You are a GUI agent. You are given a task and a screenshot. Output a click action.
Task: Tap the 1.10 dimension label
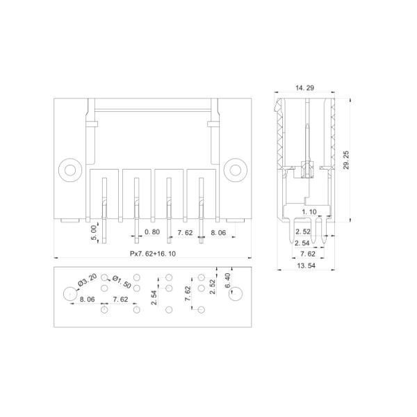tap(309, 211)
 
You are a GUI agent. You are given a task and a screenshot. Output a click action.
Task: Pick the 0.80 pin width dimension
tap(152, 232)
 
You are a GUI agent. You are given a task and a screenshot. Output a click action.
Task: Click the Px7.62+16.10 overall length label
tap(153, 254)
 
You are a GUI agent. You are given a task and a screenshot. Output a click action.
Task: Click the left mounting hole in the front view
tap(69, 169)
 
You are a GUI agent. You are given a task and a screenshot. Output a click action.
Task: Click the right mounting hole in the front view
tap(236, 169)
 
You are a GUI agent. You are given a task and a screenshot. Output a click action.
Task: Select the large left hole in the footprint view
tap(69, 294)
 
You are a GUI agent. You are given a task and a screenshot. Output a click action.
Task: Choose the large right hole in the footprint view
tap(236, 294)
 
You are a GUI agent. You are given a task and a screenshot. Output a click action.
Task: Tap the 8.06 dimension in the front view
tap(218, 232)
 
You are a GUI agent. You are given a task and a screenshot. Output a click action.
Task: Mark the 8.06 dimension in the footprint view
tap(87, 300)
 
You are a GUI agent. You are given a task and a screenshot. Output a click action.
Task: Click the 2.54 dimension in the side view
tap(302, 243)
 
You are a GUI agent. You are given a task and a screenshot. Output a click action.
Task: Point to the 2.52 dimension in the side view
tap(302, 231)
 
